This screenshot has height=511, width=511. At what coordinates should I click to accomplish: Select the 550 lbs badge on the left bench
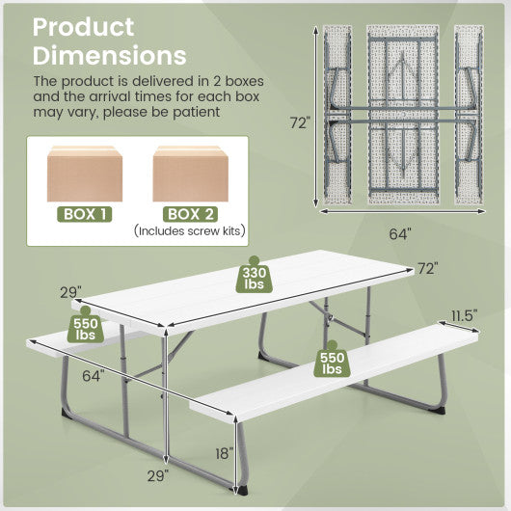tap(85, 329)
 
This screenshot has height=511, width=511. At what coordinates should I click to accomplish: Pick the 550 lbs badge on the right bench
tap(333, 362)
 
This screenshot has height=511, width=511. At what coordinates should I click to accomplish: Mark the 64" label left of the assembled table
tap(94, 376)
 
